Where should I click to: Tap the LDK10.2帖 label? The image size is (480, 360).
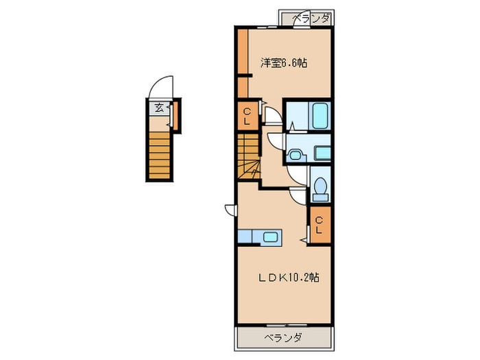coord(289,278)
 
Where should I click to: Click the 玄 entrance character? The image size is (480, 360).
coord(158,107)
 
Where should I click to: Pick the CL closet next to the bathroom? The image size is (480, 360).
coord(247,116)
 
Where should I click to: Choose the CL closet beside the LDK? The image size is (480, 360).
coord(319,225)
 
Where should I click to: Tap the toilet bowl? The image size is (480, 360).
coord(319,187)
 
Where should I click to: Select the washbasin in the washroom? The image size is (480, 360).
coord(296,155)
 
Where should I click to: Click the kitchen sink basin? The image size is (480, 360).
coord(269,237)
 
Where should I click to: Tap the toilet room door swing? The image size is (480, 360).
coord(298,193)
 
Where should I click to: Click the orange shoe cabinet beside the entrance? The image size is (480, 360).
coord(176,115)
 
